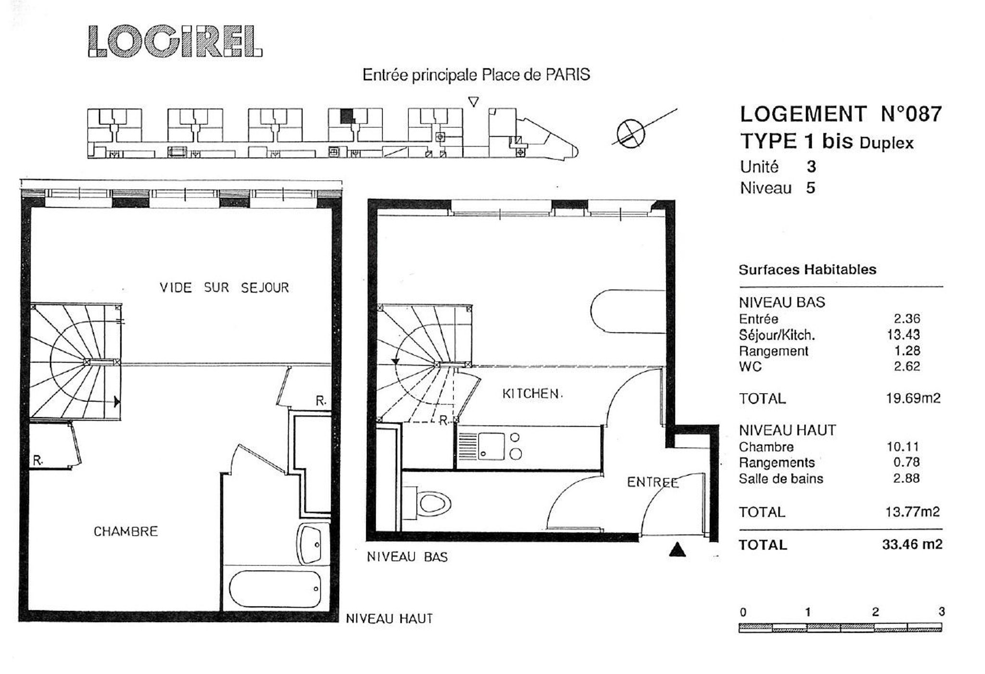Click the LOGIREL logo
point(175,42)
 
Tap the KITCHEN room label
point(532,394)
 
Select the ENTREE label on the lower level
point(653,482)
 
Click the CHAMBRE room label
point(126,531)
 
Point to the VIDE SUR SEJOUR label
point(224,287)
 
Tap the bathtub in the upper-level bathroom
point(275,589)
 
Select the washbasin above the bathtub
point(311,544)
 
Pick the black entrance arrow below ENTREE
point(677,549)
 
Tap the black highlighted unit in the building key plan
point(346,116)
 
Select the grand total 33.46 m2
point(912,544)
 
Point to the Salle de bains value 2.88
point(906,478)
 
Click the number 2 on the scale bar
point(875,612)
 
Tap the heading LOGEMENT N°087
point(840,114)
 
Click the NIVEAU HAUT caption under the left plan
point(389,619)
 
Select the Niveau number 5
point(810,187)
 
